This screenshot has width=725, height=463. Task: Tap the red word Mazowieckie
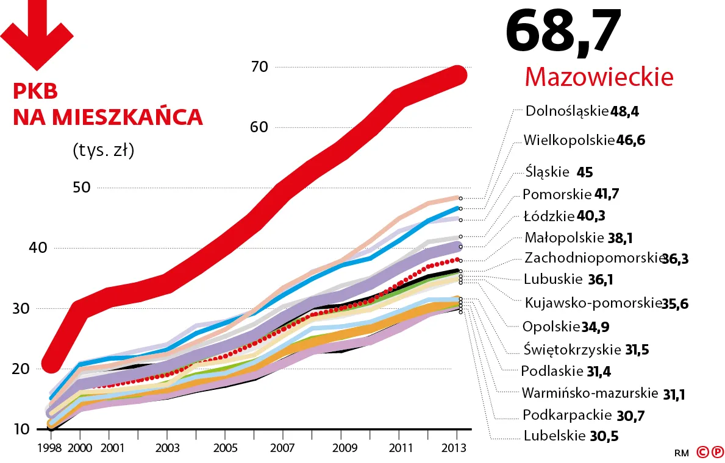[598, 77]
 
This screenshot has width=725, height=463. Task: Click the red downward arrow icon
[38, 34]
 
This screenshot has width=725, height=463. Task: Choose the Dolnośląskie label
[566, 111]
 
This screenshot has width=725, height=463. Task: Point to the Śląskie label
[546, 172]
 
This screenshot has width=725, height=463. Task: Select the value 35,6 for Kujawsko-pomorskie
[675, 303]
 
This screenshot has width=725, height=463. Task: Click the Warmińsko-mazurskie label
[589, 392]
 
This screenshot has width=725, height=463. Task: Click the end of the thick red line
[458, 75]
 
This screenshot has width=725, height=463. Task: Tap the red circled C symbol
[701, 452]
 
